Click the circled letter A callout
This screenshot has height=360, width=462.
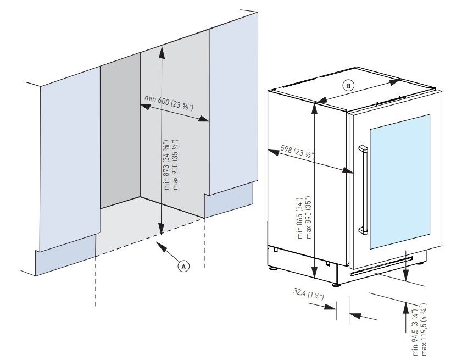point(185,265)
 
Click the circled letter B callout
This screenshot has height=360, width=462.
point(348,85)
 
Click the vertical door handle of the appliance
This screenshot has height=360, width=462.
point(361,190)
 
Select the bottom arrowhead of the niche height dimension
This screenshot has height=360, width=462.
point(161,231)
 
